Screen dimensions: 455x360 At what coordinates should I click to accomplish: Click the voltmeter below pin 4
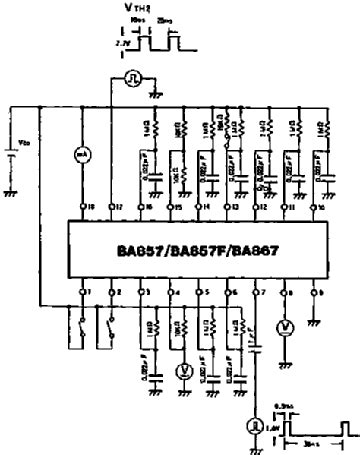tap(184, 371)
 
